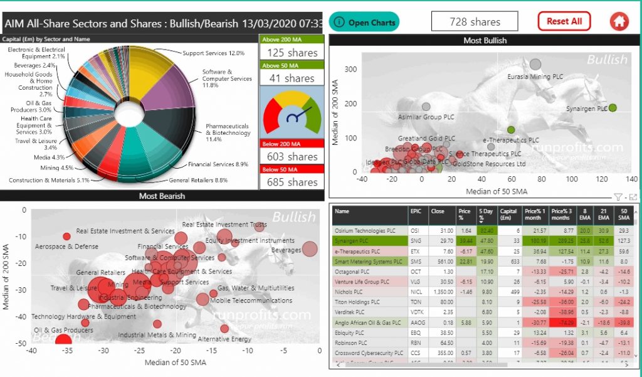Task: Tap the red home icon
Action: pyautogui.click(x=619, y=21)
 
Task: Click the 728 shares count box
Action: pyautogui.click(x=475, y=21)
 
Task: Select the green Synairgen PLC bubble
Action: pyautogui.click(x=613, y=108)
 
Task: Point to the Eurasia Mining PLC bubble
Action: pyautogui.click(x=535, y=64)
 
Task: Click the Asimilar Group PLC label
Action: pyautogui.click(x=426, y=117)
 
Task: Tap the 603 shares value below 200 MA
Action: pyautogui.click(x=292, y=156)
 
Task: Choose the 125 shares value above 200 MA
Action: pyautogui.click(x=292, y=53)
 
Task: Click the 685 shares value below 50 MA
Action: pyautogui.click(x=292, y=182)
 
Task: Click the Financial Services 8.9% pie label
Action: pyautogui.click(x=218, y=164)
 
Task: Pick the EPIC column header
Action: pyautogui.click(x=416, y=211)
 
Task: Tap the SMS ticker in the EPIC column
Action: pyautogui.click(x=416, y=262)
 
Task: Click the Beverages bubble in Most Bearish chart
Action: pyautogui.click(x=309, y=249)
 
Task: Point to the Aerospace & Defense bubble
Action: pyautogui.click(x=67, y=236)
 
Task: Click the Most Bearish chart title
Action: pyautogui.click(x=162, y=196)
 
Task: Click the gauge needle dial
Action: pyautogui.click(x=292, y=117)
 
